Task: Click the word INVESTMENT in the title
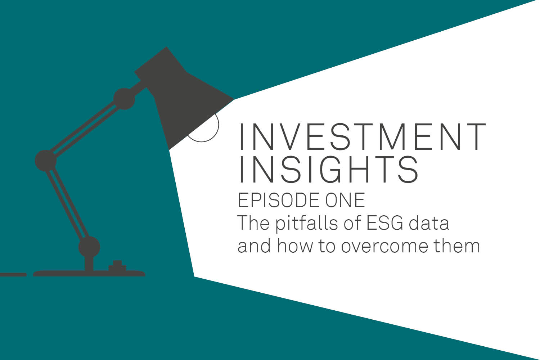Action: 362,137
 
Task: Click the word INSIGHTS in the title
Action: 329,169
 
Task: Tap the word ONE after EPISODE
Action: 345,200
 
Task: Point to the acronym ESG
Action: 384,223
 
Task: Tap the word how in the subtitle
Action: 295,246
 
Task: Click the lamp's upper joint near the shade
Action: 124,99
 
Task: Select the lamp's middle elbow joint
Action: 46,161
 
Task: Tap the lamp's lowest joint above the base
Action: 89,247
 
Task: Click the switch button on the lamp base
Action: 117,266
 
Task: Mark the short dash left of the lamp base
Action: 13,275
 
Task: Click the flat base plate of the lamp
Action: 89,274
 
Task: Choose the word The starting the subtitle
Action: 253,223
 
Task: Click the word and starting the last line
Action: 254,246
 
